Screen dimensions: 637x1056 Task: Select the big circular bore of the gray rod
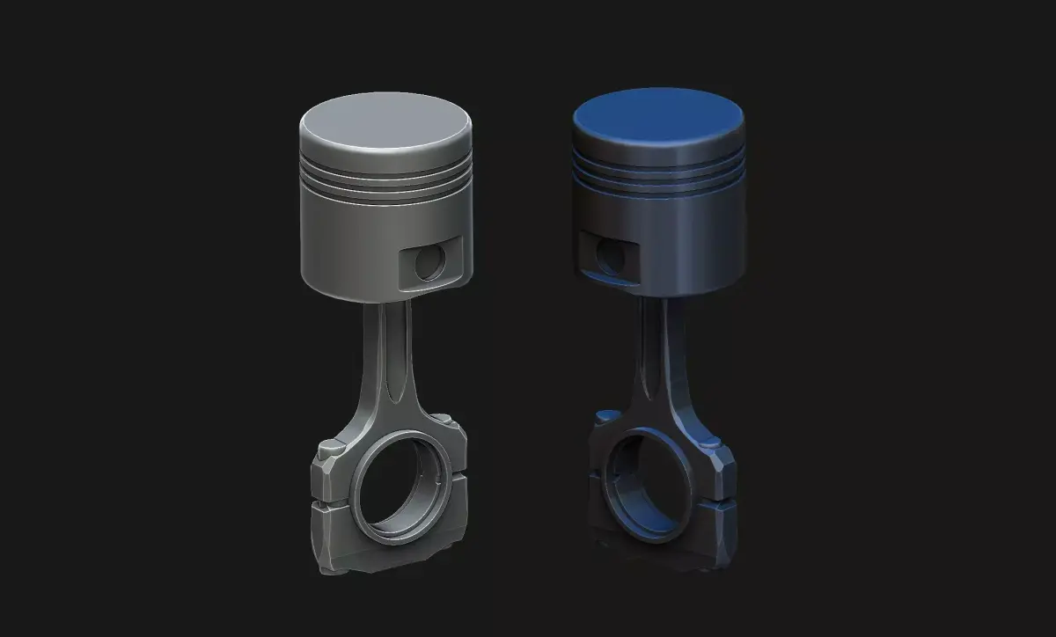pyautogui.click(x=400, y=483)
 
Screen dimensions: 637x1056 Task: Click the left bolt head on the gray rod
pyautogui.click(x=332, y=447)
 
